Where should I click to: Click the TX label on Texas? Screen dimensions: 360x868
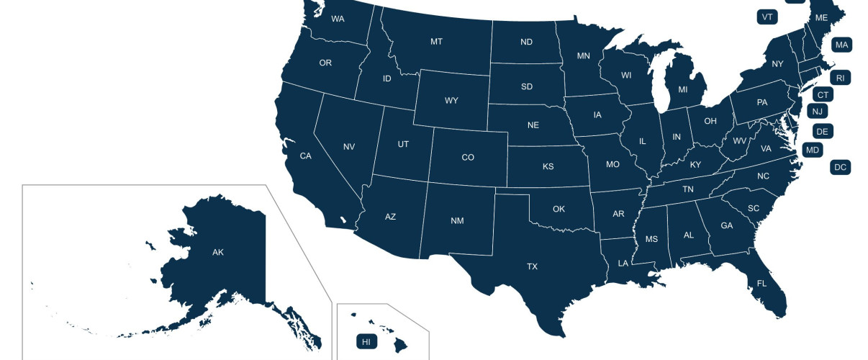click(532, 266)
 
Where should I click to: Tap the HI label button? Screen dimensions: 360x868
click(366, 341)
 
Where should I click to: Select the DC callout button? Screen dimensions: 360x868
click(840, 167)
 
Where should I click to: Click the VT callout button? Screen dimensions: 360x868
click(767, 17)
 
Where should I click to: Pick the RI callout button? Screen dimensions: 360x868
click(840, 77)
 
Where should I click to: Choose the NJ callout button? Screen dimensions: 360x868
click(816, 111)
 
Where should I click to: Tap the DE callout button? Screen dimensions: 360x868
click(823, 131)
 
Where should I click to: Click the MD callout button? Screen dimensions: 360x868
click(813, 150)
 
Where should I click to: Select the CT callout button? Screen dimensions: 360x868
click(823, 94)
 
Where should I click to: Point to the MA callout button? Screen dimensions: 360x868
click(841, 45)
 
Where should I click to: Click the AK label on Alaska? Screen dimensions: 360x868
click(218, 252)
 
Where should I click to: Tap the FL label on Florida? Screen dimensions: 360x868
click(761, 284)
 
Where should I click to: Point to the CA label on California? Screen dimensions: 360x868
click(305, 156)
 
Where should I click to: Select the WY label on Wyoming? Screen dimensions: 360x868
click(451, 100)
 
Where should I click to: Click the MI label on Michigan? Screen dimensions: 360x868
click(683, 90)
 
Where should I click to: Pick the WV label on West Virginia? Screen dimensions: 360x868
click(739, 141)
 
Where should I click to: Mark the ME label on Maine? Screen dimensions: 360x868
click(821, 17)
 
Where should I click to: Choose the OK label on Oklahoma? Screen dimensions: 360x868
click(559, 209)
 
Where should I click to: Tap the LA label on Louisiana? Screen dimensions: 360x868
click(623, 263)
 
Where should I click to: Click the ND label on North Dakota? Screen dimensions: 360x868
click(526, 42)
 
